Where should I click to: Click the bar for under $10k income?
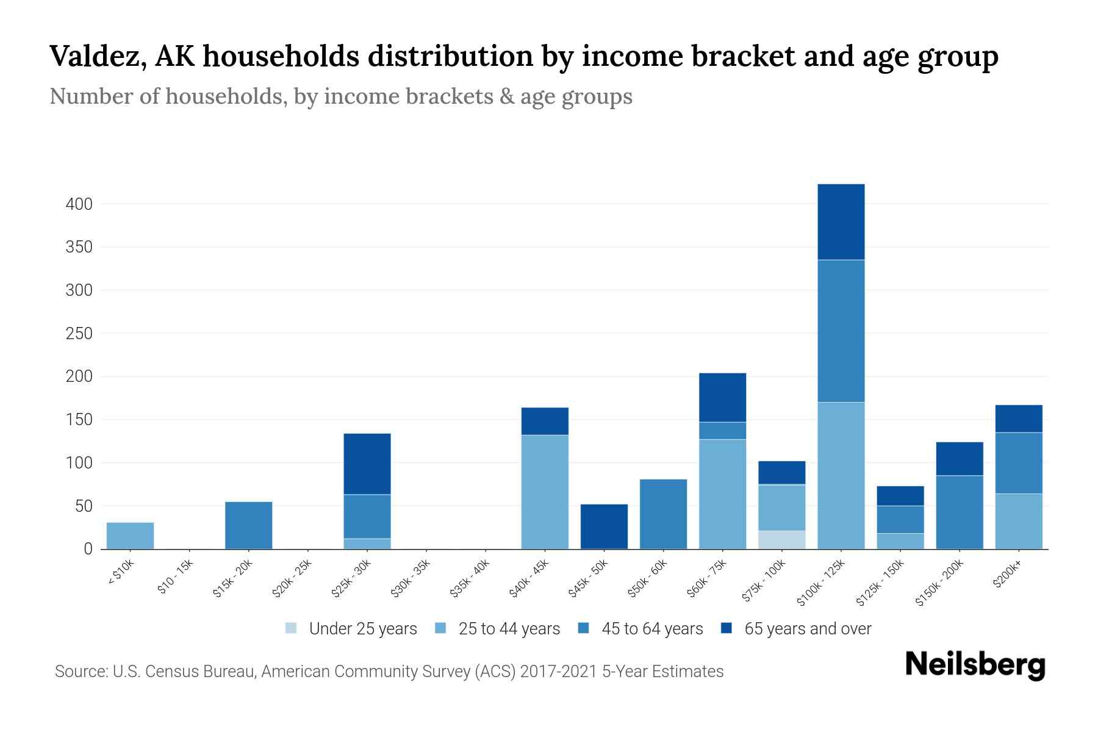(x=130, y=536)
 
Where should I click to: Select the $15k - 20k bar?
(x=248, y=525)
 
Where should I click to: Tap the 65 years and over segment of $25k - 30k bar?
(x=367, y=464)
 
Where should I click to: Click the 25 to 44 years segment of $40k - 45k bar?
(x=545, y=492)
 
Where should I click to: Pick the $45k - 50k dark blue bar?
(x=604, y=526)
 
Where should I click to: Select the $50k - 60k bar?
(x=663, y=514)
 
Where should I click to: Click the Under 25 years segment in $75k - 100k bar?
(x=781, y=540)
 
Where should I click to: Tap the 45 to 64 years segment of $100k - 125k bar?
(x=841, y=331)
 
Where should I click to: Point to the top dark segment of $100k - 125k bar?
(x=841, y=222)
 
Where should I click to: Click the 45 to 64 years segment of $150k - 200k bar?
(x=960, y=512)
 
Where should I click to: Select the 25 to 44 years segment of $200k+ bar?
(x=1019, y=521)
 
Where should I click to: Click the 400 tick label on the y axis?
(x=79, y=204)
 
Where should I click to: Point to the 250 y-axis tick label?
(x=79, y=334)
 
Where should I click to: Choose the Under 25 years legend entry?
(x=351, y=629)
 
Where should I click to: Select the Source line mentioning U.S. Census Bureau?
(x=389, y=672)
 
